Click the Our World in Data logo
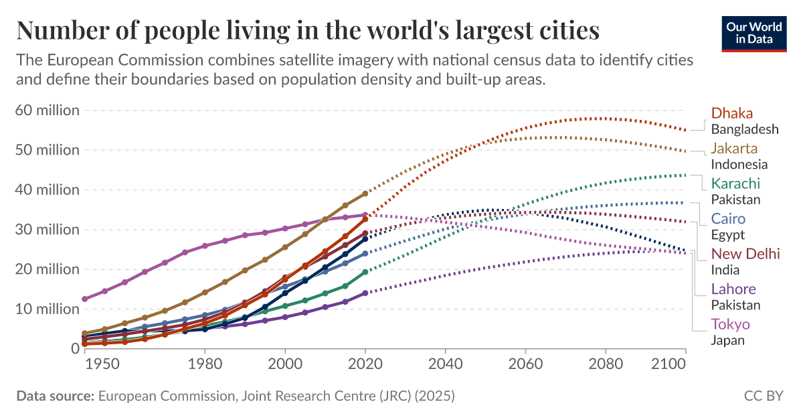pyautogui.click(x=753, y=31)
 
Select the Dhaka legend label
pyautogui.click(x=732, y=113)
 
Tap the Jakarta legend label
pyautogui.click(x=734, y=148)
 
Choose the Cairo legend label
pyautogui.click(x=728, y=218)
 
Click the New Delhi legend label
pyautogui.click(x=745, y=254)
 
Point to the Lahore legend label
pyautogui.click(x=733, y=289)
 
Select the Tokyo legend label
pyautogui.click(x=730, y=324)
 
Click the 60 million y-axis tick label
pyautogui.click(x=47, y=110)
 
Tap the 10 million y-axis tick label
pyautogui.click(x=47, y=309)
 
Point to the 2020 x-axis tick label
pyautogui.click(x=365, y=364)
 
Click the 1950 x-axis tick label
pyautogui.click(x=104, y=364)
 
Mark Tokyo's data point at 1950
pyautogui.click(x=84, y=299)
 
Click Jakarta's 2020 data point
pyautogui.click(x=365, y=193)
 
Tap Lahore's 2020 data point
pyautogui.click(x=365, y=293)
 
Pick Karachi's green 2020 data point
pyautogui.click(x=365, y=272)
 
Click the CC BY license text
pyautogui.click(x=763, y=396)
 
